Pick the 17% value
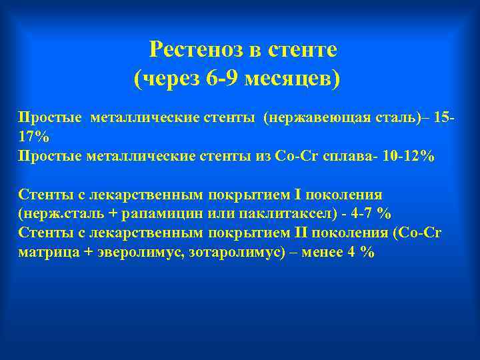tap(33, 137)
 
